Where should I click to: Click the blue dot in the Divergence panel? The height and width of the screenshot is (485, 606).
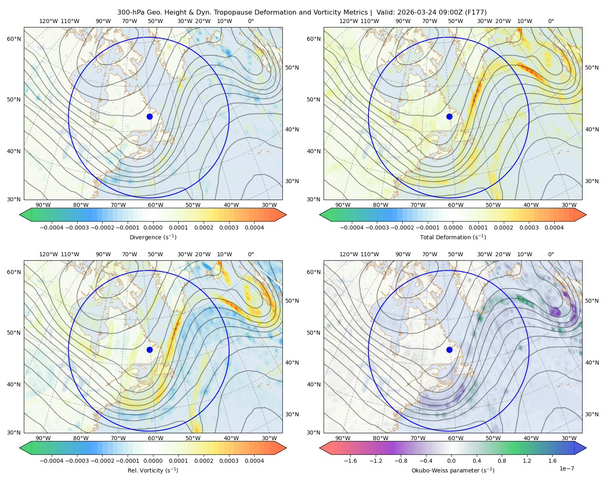tap(149, 116)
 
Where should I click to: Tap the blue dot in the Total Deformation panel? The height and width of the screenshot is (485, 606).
tap(449, 116)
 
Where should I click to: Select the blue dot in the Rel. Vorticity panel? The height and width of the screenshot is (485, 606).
tap(149, 350)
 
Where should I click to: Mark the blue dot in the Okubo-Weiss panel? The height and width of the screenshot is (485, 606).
tap(449, 350)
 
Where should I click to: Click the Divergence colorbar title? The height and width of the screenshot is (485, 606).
tap(153, 237)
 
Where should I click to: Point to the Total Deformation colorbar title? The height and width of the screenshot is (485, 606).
tap(453, 237)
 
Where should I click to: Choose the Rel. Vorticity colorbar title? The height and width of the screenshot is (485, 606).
tap(153, 470)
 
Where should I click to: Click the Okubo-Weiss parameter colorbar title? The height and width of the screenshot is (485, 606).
tap(453, 470)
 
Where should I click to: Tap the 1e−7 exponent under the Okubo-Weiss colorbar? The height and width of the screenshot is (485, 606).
tap(566, 468)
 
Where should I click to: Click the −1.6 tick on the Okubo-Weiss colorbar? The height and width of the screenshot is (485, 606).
tap(350, 461)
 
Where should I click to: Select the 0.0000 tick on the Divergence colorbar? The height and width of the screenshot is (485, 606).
tap(153, 228)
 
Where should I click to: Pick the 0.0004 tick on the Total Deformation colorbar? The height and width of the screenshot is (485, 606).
tap(554, 228)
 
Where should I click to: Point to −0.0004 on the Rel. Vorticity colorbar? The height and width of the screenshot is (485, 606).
tap(52, 461)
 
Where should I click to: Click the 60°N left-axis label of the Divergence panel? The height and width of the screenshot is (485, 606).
tap(14, 39)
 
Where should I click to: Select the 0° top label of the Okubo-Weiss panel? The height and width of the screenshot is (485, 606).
tap(551, 254)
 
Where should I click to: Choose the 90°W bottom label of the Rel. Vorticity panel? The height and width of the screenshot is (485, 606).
tap(43, 438)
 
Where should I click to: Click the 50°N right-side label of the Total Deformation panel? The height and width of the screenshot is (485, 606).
tap(592, 67)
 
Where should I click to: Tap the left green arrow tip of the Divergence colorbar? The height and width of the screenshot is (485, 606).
tap(20, 215)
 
